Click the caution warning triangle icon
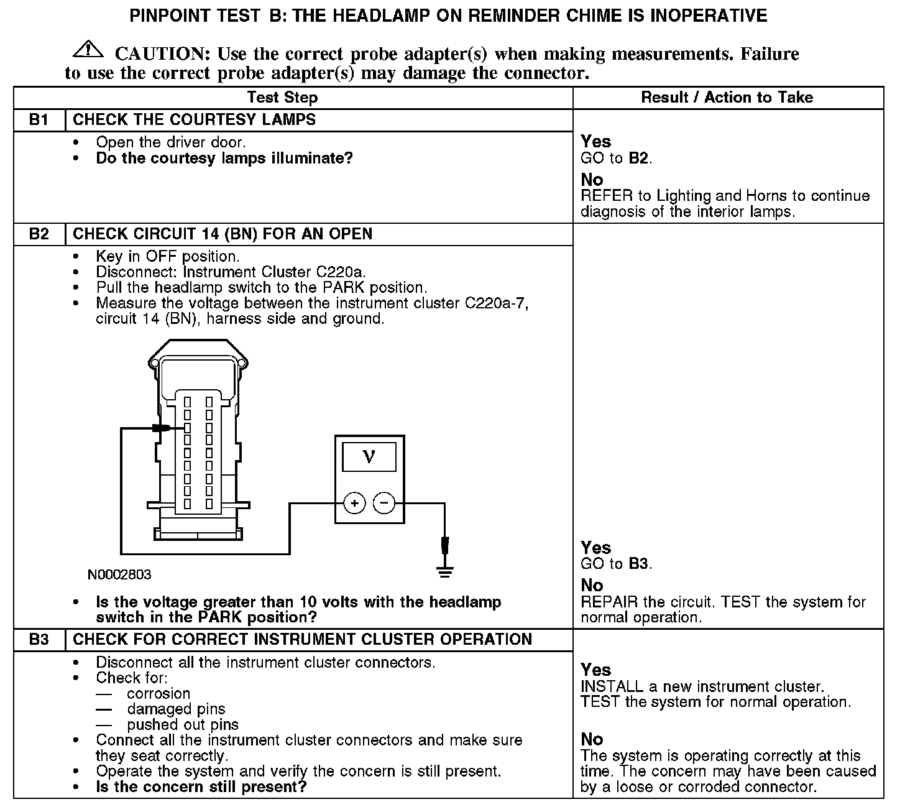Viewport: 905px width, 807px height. [x=88, y=49]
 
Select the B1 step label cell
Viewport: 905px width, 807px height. [x=39, y=120]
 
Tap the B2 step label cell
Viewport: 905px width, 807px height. [x=39, y=234]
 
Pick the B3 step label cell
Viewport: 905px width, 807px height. [x=39, y=640]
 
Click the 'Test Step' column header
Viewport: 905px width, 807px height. [x=282, y=98]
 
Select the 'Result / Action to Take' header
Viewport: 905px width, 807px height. [x=727, y=98]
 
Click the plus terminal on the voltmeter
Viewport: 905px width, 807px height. [x=354, y=503]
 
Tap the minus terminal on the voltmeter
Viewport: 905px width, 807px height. [x=384, y=503]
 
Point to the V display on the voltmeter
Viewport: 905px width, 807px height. [x=369, y=457]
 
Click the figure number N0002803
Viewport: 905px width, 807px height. [x=119, y=574]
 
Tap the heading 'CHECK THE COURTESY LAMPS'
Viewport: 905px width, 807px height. [x=194, y=120]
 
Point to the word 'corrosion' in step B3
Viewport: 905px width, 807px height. [x=158, y=694]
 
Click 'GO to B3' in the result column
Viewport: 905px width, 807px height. [x=616, y=564]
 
